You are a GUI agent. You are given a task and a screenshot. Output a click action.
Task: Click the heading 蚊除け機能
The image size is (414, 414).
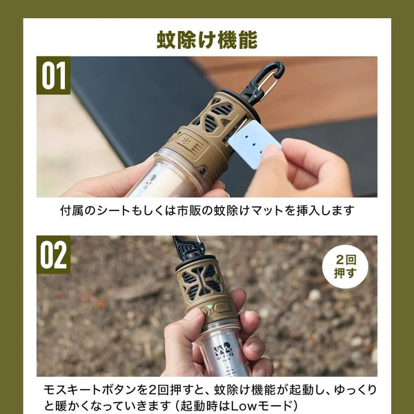click(207, 40)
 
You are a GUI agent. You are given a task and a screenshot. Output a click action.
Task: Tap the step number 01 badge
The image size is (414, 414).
click(54, 75)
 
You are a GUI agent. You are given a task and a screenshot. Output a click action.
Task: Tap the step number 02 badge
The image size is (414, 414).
click(54, 255)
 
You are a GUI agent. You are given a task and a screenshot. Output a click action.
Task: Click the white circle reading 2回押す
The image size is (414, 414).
click(345, 266)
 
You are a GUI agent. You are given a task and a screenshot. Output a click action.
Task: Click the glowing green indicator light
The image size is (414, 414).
click(209, 307)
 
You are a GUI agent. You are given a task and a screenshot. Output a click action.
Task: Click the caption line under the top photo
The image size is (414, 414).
click(207, 210)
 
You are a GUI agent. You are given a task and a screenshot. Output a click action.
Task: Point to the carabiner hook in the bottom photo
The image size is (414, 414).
click(189, 247)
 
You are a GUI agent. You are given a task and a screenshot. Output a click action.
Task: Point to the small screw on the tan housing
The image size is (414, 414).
click(203, 169)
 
